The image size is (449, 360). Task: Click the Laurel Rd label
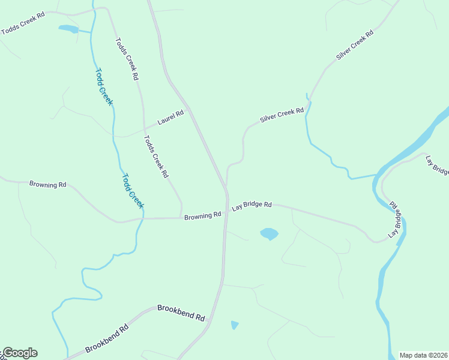(x=170, y=117)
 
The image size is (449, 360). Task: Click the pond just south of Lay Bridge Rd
(x=269, y=233)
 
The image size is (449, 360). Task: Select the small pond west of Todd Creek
(x=68, y=28)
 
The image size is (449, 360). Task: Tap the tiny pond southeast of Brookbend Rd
(x=234, y=325)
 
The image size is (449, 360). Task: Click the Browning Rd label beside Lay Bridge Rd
(x=203, y=215)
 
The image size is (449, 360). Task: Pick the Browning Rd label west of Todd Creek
(x=47, y=184)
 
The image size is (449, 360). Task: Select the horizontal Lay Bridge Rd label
(x=252, y=205)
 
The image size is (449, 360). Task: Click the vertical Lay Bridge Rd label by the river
(x=394, y=220)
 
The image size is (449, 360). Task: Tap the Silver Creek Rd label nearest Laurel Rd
(x=282, y=115)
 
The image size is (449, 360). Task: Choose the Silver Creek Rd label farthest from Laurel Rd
(x=355, y=44)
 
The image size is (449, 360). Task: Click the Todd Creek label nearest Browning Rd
(x=133, y=191)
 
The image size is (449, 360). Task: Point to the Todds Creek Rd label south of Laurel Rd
(x=155, y=157)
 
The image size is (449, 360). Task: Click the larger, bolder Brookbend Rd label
(x=181, y=312)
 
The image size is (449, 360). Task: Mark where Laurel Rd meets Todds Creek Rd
(x=144, y=128)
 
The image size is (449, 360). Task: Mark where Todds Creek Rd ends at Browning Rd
(x=181, y=218)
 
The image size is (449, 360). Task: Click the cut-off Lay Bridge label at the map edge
(x=436, y=166)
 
